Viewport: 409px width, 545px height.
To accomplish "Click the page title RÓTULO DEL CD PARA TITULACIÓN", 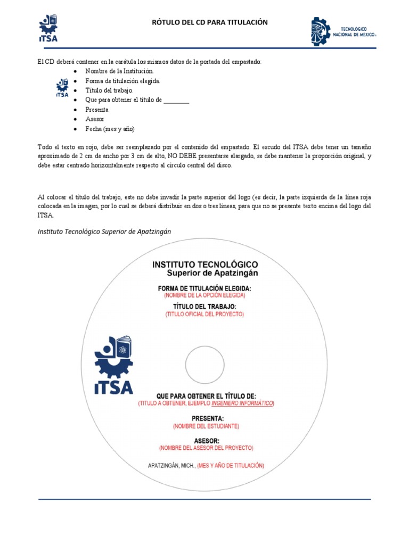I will click(210, 22).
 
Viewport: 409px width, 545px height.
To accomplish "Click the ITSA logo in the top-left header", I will click(48, 28).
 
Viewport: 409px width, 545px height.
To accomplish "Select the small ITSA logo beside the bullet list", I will click(62, 87).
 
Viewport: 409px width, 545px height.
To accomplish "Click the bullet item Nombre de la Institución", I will click(120, 71).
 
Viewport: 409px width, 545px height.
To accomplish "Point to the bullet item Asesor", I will click(95, 119).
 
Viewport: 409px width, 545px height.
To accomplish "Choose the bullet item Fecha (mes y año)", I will click(110, 129).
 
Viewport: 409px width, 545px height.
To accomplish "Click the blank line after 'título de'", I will click(176, 100).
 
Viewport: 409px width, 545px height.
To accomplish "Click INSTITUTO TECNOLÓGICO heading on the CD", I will click(205, 264).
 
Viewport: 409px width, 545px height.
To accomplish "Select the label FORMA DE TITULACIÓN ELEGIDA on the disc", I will click(204, 288).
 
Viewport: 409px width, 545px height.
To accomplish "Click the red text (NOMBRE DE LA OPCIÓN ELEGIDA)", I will click(204, 295).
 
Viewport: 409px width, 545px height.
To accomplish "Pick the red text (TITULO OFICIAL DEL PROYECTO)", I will click(204, 314).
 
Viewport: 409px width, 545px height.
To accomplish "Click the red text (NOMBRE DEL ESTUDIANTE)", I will click(206, 426).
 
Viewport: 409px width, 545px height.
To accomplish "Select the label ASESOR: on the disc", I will click(206, 440).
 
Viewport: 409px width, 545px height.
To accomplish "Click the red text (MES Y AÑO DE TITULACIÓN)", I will click(231, 465).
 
